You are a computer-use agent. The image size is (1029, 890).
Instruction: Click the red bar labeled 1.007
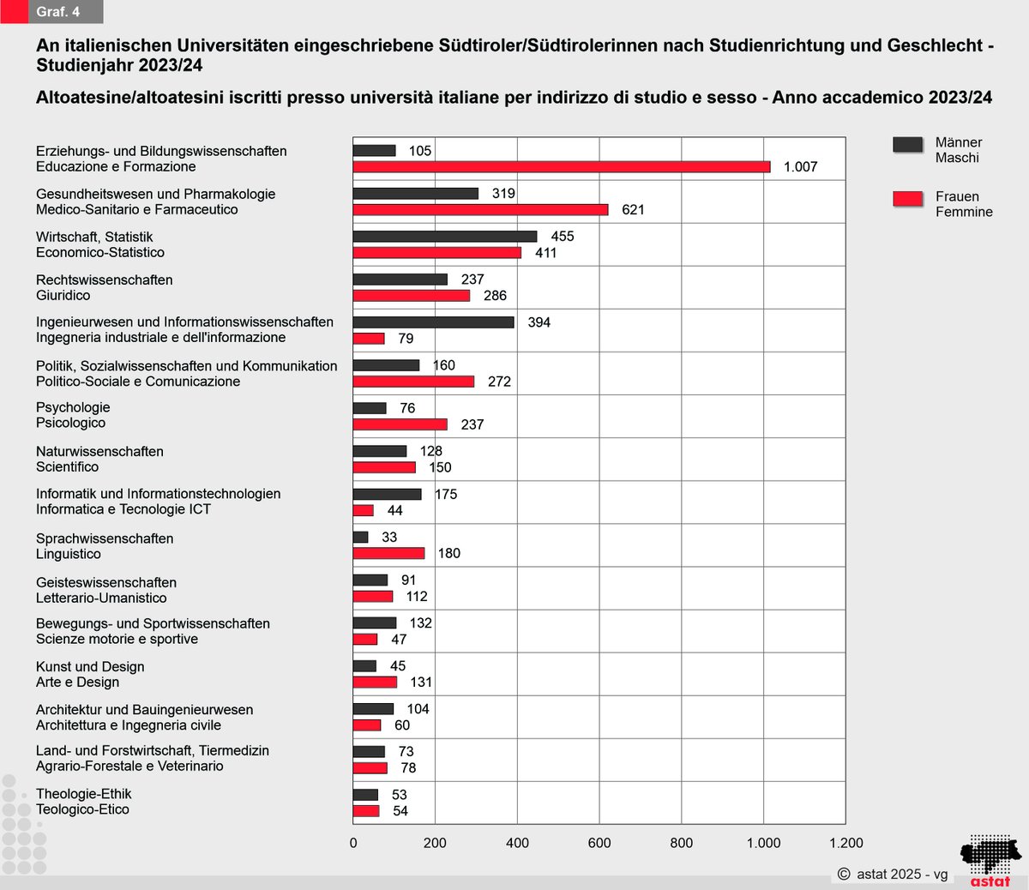tap(562, 167)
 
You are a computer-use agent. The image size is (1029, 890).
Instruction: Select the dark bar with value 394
tap(433, 322)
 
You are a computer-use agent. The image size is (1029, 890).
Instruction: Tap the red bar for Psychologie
tap(400, 424)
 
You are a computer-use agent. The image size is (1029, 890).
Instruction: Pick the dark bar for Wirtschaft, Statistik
tap(444, 237)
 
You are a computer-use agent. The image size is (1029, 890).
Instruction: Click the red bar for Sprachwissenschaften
tap(388, 553)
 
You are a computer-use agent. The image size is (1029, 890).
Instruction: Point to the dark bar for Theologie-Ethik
tap(365, 795)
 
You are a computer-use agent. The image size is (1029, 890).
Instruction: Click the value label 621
tap(633, 210)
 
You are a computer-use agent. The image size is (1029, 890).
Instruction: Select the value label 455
tap(563, 237)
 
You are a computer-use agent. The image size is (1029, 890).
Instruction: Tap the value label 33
tap(389, 538)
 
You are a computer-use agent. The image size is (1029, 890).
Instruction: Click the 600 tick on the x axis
tap(599, 843)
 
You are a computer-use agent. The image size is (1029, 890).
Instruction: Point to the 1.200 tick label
tap(845, 843)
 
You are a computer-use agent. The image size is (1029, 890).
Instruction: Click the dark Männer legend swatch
tap(907, 144)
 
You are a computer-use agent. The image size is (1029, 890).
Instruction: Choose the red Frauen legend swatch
tap(907, 199)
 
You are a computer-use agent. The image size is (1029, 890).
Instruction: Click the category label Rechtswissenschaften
tap(105, 280)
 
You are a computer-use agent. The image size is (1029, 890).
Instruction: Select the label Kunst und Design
tap(90, 667)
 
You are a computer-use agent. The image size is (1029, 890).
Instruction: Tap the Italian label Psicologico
tap(70, 423)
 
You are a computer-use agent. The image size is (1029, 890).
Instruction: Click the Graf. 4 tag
tap(58, 12)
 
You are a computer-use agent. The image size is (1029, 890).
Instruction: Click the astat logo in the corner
tap(990, 860)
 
